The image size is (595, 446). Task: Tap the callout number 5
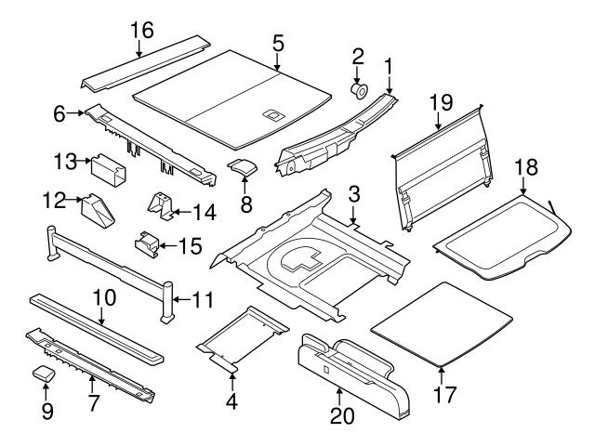pos(278,43)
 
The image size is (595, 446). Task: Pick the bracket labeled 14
pos(163,208)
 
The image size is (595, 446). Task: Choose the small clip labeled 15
pos(146,243)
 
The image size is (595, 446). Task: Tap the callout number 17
pos(445,394)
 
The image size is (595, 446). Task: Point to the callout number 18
pos(526,167)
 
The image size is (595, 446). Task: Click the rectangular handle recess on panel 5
pos(273,115)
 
